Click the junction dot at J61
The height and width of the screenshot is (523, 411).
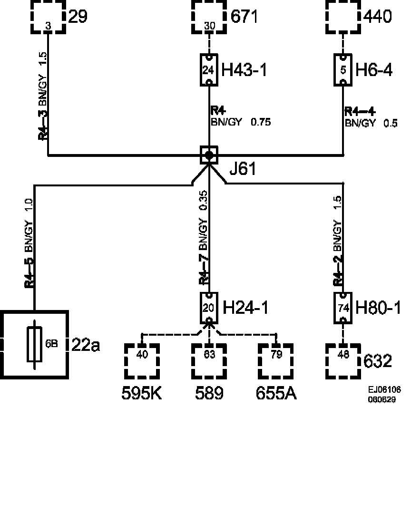pos(209,155)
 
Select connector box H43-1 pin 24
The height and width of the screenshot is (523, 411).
pos(209,70)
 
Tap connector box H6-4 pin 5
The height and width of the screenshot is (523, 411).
pos(343,70)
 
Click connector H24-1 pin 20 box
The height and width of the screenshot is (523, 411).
pos(209,308)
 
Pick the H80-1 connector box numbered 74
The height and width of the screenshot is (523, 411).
pos(343,308)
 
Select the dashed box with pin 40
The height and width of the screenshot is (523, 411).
pos(142,361)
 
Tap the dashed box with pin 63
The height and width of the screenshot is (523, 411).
pos(209,361)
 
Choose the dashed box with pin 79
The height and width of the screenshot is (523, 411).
pos(276,361)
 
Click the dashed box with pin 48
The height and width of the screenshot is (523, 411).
pos(343,361)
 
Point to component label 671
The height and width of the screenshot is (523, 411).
pos(244,17)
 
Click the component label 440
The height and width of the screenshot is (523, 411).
pos(378,17)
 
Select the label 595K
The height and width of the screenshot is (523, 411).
pos(142,393)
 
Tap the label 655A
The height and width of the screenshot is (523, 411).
pos(276,393)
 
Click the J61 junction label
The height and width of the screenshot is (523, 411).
pos(242,169)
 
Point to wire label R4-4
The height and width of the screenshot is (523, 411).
pos(360,112)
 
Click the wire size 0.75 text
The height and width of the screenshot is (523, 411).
pos(261,122)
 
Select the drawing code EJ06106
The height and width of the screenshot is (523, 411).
pos(384,390)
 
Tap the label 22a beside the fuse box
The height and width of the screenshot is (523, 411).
pos(86,345)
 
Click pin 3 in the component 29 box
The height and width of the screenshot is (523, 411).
pos(48,26)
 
